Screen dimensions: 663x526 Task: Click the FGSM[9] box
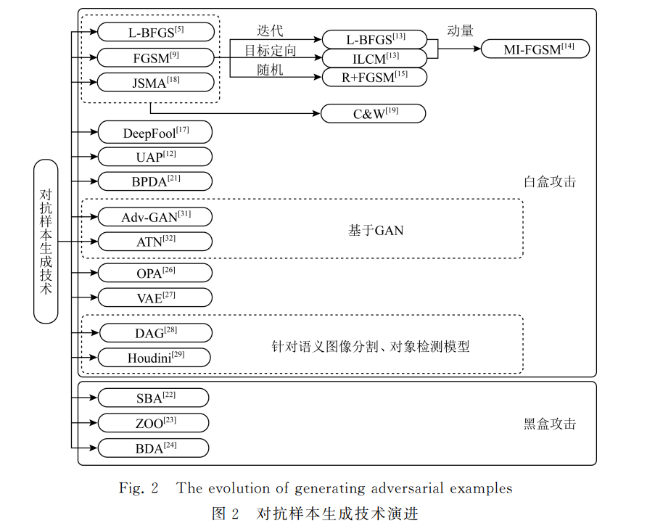156,57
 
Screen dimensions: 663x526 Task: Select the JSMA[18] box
156,82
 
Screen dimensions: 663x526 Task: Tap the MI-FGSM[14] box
535,49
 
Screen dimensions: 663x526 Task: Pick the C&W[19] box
374,113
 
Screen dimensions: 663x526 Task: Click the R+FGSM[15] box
374,77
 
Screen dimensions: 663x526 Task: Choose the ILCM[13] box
374,58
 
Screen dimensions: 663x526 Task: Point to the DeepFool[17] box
155,132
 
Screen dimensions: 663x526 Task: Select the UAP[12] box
155,157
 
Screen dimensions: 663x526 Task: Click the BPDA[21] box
155,181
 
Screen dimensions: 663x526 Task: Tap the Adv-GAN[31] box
155,217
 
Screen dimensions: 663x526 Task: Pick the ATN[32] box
155,242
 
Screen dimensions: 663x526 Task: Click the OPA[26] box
155,273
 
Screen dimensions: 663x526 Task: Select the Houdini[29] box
155,358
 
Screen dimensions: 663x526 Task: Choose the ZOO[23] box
154,423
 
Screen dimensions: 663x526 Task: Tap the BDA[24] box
154,448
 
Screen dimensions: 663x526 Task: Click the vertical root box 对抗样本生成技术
46,242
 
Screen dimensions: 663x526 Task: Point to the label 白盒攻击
550,181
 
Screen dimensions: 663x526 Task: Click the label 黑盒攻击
550,424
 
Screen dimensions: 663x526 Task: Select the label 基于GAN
376,230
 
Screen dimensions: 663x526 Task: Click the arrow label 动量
460,30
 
